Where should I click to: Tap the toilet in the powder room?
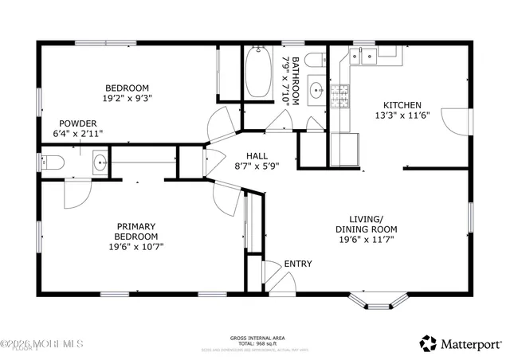pyautogui.click(x=53, y=164)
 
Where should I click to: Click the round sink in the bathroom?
pyautogui.click(x=315, y=89)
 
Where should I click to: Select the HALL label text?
pyautogui.click(x=257, y=156)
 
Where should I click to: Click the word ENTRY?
pyautogui.click(x=298, y=264)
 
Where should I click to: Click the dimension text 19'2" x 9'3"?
pyautogui.click(x=127, y=99)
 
